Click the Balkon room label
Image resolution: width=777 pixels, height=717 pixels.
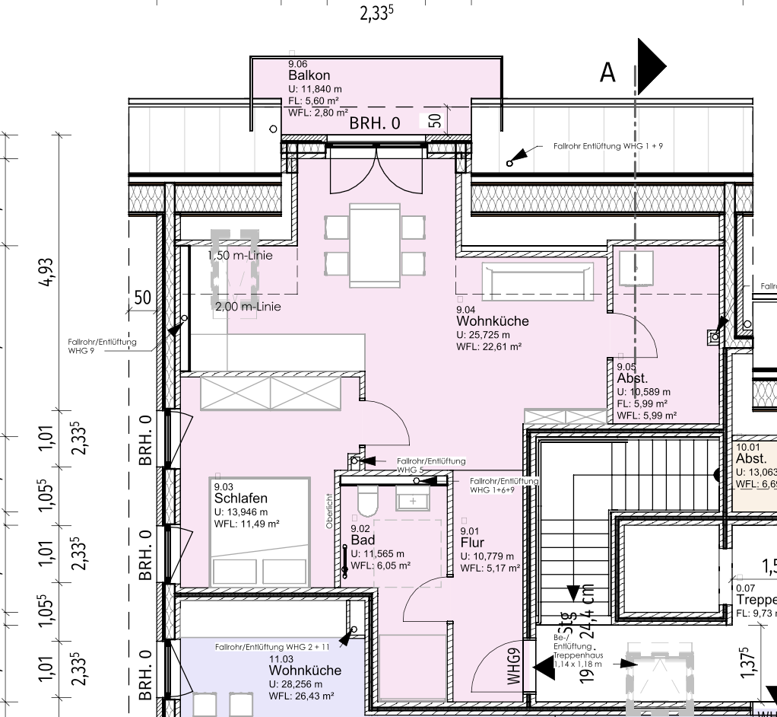pos(309,75)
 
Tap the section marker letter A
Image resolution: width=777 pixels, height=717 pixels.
pos(607,72)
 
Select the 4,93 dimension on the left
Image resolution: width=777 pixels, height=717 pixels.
pos(47,271)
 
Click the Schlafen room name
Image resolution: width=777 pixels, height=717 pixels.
pos(240,499)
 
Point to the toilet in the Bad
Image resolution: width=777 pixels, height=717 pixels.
pos(367,503)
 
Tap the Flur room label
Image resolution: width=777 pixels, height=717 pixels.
pos(472,543)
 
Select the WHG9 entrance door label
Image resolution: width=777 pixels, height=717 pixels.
pos(515,665)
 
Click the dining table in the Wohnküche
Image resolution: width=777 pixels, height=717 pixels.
pos(374,245)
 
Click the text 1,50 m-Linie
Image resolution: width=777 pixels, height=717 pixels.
pos(240,256)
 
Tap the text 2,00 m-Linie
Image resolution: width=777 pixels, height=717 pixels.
pos(248,307)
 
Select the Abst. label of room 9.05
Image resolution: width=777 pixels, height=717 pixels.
pos(633,378)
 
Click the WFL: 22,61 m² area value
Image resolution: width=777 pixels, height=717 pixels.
pos(488,347)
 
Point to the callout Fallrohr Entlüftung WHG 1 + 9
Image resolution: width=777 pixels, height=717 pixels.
pos(608,145)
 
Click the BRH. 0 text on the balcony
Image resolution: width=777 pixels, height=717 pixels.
pos(374,123)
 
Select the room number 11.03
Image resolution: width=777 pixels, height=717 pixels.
pos(281,658)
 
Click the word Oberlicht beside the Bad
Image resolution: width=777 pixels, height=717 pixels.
pos(329,511)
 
